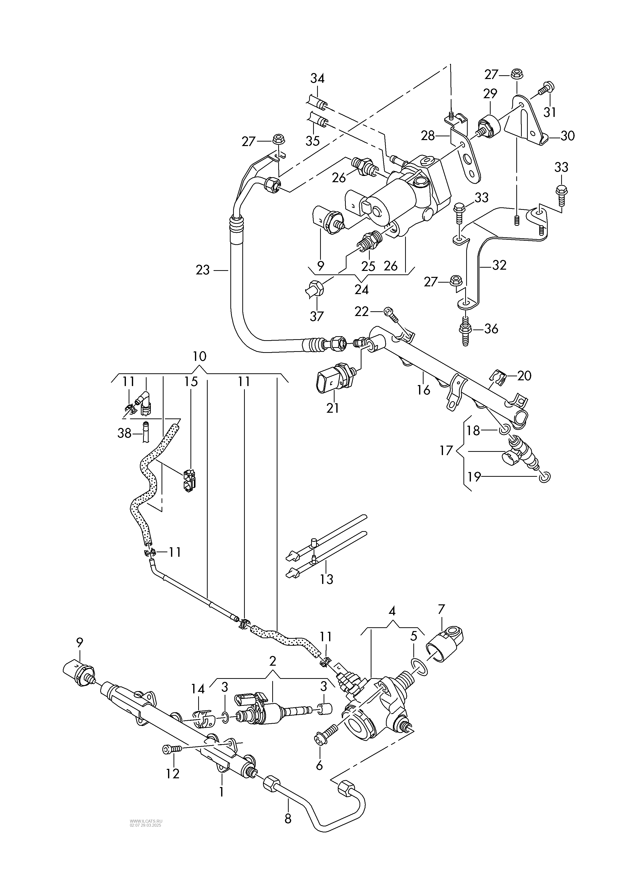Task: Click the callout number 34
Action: (317, 79)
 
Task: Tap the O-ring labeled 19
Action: (545, 477)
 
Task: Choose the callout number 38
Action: (124, 433)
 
